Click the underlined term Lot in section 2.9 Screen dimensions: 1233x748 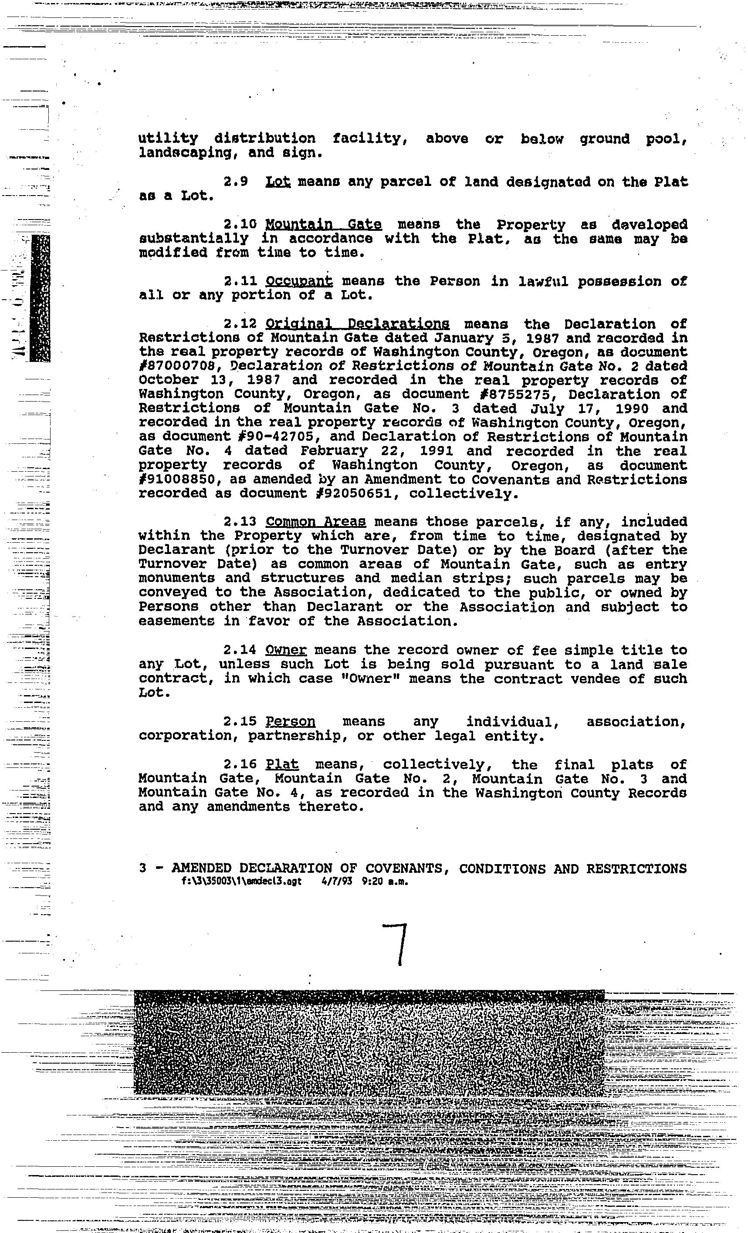pos(278,182)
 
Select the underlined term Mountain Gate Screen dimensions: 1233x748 pos(323,225)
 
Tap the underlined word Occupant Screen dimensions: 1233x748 pos(299,281)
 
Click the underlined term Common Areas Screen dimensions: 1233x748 pos(315,522)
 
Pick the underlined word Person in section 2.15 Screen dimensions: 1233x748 pos(291,722)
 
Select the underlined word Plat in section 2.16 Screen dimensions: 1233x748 pos(282,765)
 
